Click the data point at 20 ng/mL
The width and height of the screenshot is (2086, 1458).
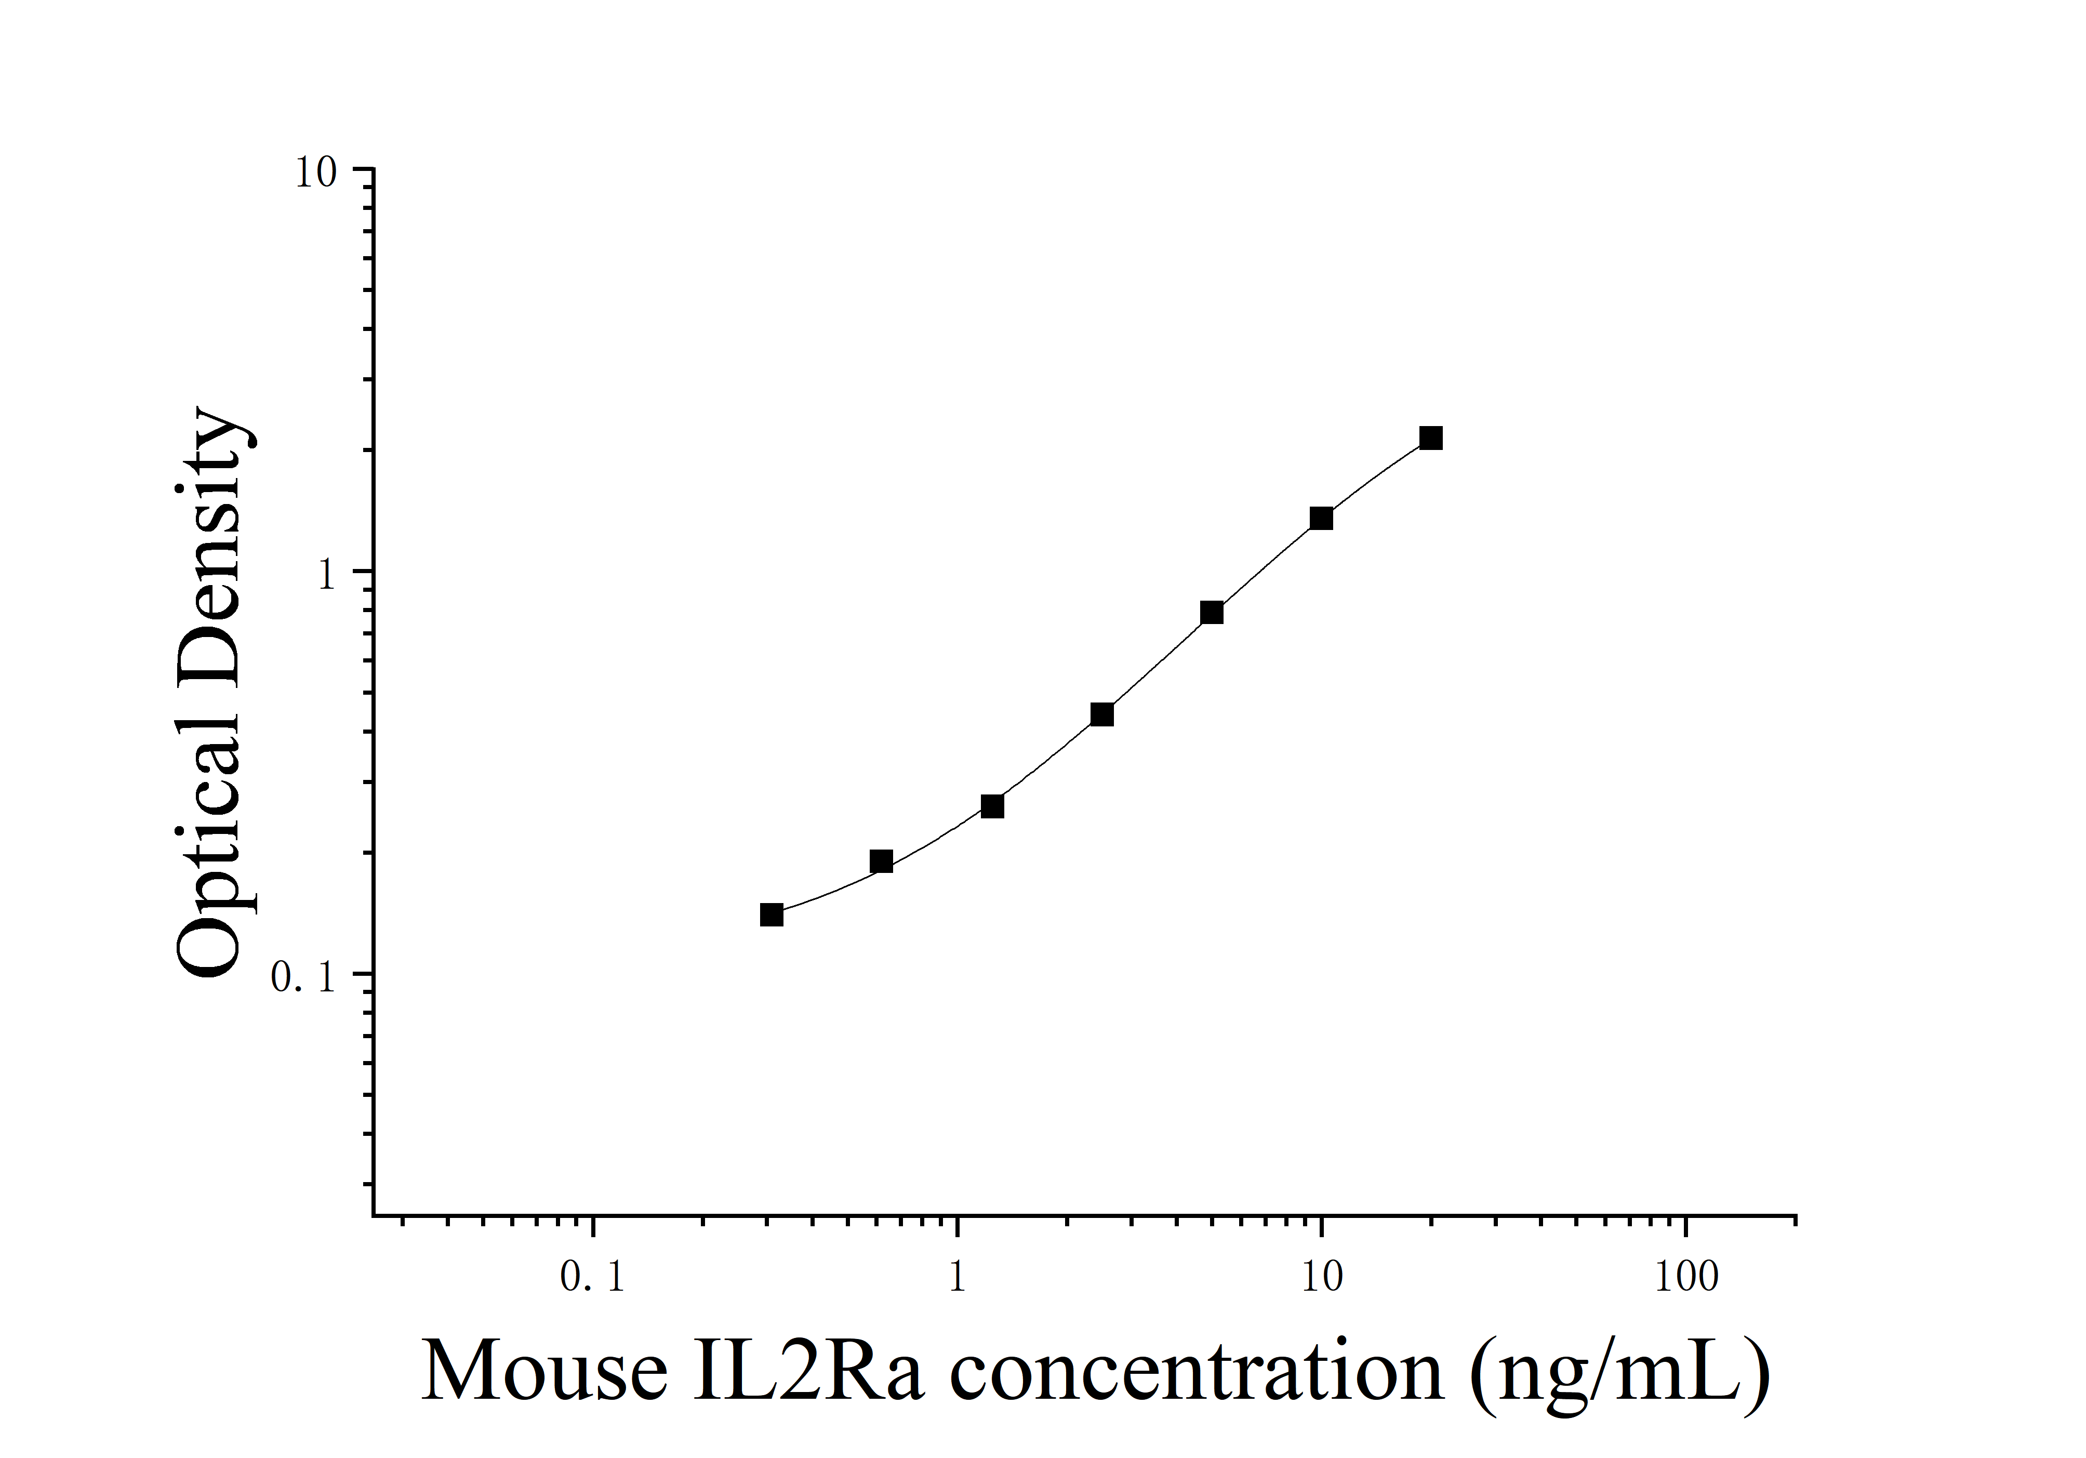click(x=1431, y=439)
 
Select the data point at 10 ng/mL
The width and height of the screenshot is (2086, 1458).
click(x=1321, y=519)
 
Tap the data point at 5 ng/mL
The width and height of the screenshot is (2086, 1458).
click(x=1212, y=613)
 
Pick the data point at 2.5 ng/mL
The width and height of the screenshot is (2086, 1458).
click(x=1102, y=715)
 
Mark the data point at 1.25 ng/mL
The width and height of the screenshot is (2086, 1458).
click(x=993, y=806)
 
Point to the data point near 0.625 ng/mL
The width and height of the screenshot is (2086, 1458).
click(x=881, y=861)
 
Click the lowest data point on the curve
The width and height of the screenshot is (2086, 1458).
click(x=772, y=915)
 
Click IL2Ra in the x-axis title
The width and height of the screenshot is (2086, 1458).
click(x=808, y=1373)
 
